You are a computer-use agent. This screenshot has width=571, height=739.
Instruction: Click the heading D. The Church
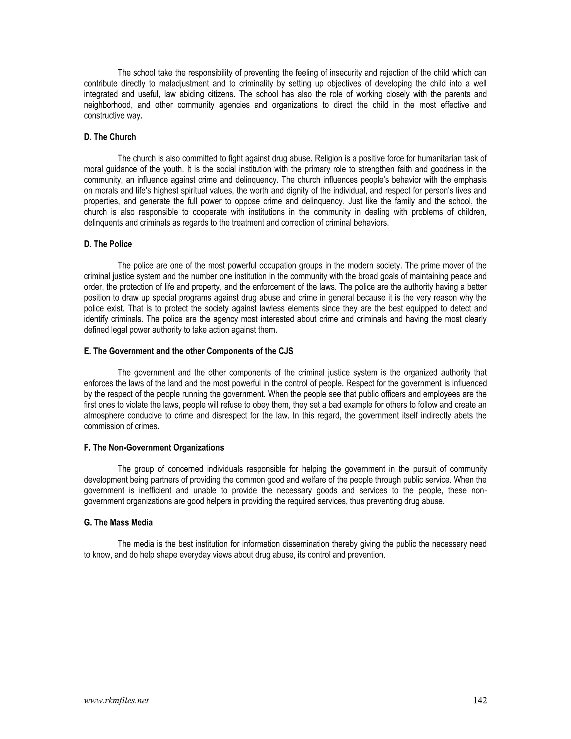(110, 137)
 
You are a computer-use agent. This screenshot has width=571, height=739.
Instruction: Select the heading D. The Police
(108, 244)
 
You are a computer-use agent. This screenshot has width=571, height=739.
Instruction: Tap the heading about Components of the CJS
(188, 351)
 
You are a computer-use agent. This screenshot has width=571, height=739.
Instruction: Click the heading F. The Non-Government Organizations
(154, 448)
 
